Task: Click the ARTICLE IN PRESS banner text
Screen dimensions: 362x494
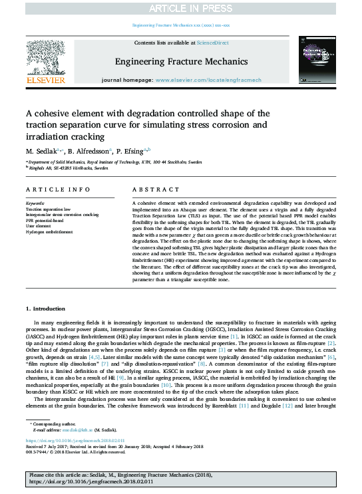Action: tap(180, 7)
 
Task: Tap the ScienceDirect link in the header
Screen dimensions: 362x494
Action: tap(212, 43)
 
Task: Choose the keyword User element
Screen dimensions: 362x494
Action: tap(37, 226)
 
